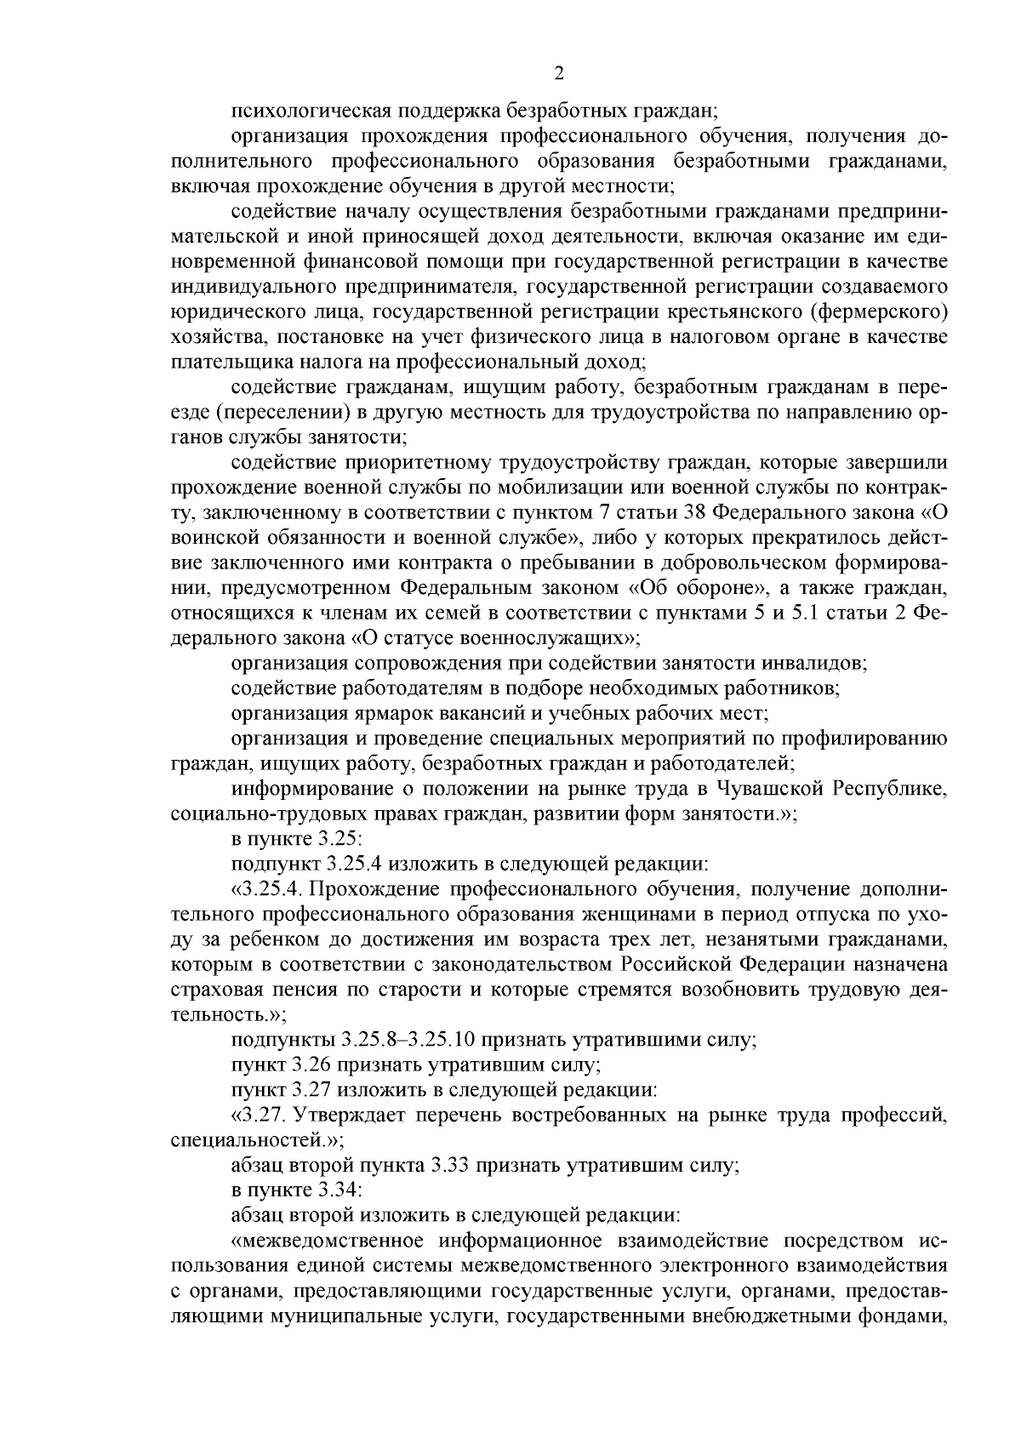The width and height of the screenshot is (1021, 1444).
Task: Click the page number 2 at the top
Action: pyautogui.click(x=557, y=74)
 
